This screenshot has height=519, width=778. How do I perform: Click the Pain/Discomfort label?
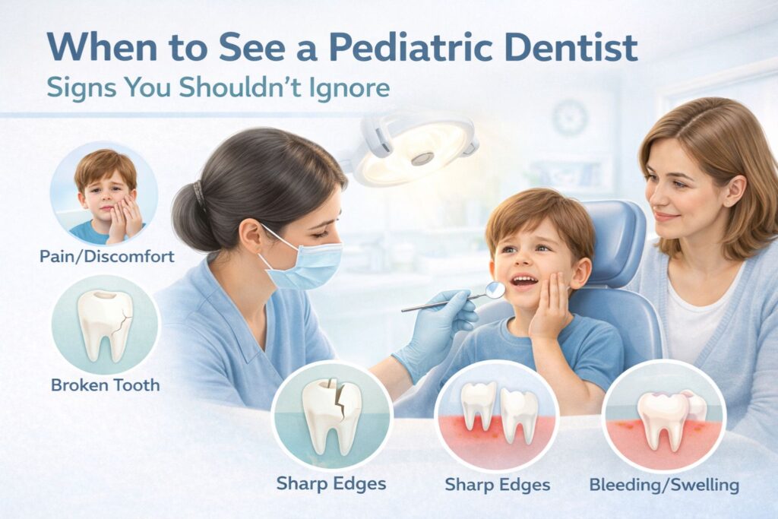106,256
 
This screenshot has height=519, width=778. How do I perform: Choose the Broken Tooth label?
106,385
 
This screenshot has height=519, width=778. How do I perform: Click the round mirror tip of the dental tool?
495,289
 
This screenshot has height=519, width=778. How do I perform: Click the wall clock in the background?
569,118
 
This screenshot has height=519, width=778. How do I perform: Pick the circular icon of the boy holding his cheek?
104,193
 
